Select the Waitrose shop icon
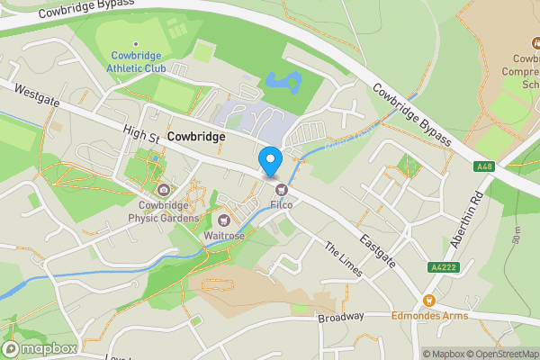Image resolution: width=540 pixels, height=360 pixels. [224, 220]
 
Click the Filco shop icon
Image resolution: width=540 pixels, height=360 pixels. [282, 190]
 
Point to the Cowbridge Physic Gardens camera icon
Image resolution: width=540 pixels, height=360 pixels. [163, 190]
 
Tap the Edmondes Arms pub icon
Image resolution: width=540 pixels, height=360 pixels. [428, 301]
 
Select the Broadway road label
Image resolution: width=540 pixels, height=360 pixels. [340, 317]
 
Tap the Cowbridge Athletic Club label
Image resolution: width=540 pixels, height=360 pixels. [136, 61]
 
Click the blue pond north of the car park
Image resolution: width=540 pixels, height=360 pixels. [285, 83]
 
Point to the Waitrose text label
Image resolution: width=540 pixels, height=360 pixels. [224, 236]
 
